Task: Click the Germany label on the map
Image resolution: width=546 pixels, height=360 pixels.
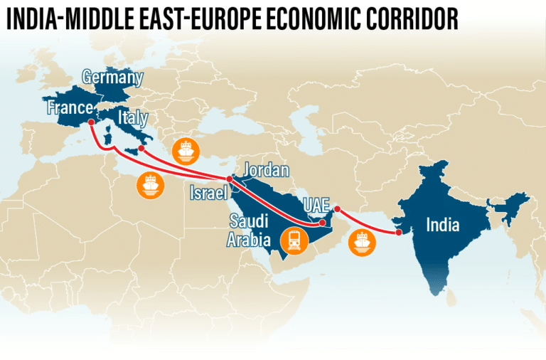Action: [x=113, y=78]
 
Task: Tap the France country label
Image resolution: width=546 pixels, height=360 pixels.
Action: [x=70, y=108]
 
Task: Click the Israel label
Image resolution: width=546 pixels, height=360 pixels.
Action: [x=208, y=192]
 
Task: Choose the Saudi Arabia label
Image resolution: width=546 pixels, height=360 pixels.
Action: [x=249, y=229]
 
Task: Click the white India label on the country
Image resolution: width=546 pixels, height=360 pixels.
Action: [x=442, y=226]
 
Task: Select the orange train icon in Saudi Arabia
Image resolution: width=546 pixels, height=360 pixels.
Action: [x=294, y=240]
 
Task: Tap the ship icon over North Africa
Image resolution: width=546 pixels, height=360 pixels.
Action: [x=150, y=186]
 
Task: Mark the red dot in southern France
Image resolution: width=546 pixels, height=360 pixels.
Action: [x=91, y=122]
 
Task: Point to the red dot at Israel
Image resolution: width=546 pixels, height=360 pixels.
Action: [x=229, y=179]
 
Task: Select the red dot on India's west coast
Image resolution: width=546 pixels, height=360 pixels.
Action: [x=399, y=232]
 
